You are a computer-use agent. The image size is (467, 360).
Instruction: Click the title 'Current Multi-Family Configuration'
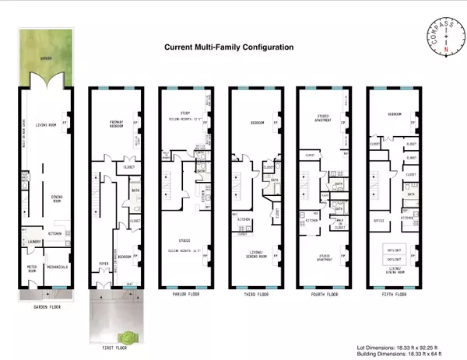point(228,47)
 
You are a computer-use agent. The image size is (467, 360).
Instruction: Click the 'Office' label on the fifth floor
point(378,220)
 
